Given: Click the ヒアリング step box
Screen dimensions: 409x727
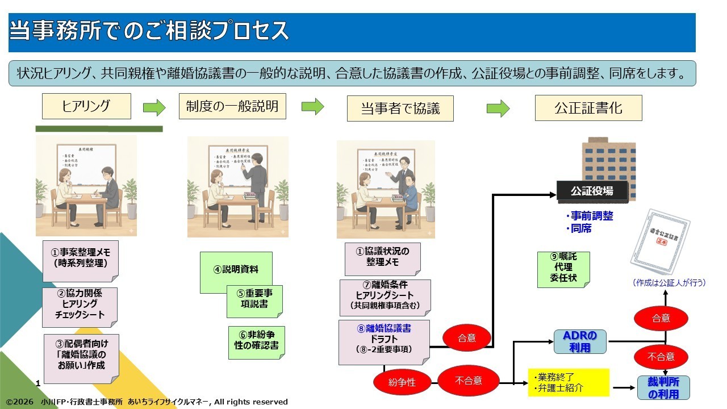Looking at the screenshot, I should click(x=86, y=106).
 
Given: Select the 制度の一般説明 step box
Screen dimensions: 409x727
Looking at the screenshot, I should click(x=232, y=106).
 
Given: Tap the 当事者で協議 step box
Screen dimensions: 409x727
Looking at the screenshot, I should click(x=400, y=108).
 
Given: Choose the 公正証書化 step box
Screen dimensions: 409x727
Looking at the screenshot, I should click(x=588, y=108).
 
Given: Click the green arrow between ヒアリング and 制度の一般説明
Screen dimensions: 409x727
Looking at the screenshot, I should click(x=154, y=107).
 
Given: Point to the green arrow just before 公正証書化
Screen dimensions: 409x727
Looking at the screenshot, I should click(x=498, y=108).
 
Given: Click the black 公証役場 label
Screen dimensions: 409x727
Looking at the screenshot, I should click(x=592, y=191).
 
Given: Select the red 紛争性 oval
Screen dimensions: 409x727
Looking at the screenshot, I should click(x=402, y=382).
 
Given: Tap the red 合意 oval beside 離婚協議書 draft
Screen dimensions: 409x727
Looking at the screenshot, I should click(x=466, y=339).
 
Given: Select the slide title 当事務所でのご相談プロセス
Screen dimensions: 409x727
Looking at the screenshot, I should click(x=149, y=31).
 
